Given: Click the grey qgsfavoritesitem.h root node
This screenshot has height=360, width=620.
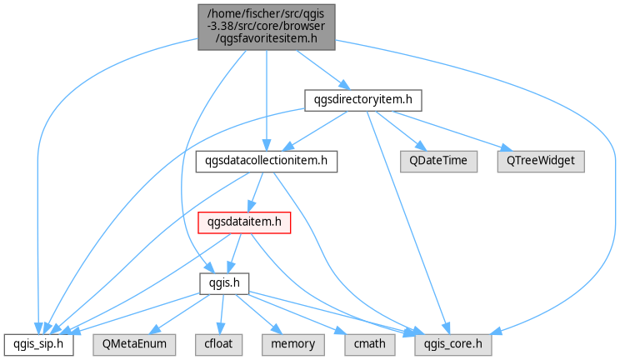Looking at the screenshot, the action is tap(267, 27).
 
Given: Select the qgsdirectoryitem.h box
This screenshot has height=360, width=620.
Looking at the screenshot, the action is tap(363, 100).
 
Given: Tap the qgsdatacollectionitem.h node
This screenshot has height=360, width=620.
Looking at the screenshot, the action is tap(267, 162).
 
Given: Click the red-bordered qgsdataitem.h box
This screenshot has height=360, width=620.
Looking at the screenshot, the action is tap(244, 222).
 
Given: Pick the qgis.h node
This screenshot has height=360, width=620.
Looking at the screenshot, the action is tap(224, 283).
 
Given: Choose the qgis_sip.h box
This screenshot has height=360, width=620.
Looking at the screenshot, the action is tap(38, 344).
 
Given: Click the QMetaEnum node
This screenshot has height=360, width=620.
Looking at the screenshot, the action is tap(134, 344).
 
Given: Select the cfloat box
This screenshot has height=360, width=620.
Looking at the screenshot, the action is tap(218, 344).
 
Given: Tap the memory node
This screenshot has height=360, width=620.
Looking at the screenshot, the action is tap(293, 344).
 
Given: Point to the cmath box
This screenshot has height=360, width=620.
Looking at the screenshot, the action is tap(370, 344).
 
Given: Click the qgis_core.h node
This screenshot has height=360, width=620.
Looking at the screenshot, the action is tap(453, 344).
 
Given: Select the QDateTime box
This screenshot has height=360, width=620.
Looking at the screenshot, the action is tap(438, 162).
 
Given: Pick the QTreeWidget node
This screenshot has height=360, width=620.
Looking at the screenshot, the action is tap(541, 162).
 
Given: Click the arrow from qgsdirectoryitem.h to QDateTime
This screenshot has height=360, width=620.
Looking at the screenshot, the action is tap(401, 131).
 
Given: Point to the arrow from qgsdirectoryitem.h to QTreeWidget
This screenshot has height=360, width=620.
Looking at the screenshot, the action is tap(452, 131).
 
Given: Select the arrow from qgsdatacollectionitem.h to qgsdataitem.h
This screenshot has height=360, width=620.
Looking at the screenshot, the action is tap(255, 192).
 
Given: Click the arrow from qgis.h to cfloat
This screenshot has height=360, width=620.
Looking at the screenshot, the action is tap(222, 314).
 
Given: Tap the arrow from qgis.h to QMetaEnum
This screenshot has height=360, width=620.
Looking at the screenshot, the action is tap(180, 314).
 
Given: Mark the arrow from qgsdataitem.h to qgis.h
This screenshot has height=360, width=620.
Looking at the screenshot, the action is tap(235, 253).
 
